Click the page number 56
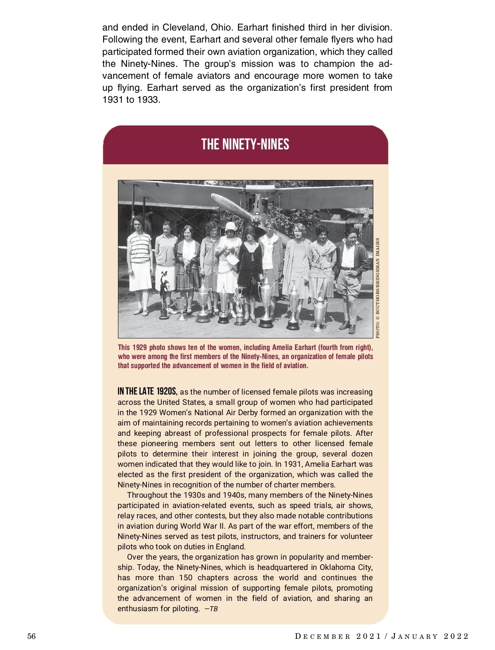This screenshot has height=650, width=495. point(32,636)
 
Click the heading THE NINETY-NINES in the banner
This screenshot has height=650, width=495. point(245,144)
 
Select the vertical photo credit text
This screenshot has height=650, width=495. point(378,288)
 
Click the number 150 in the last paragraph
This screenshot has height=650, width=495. point(185,578)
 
